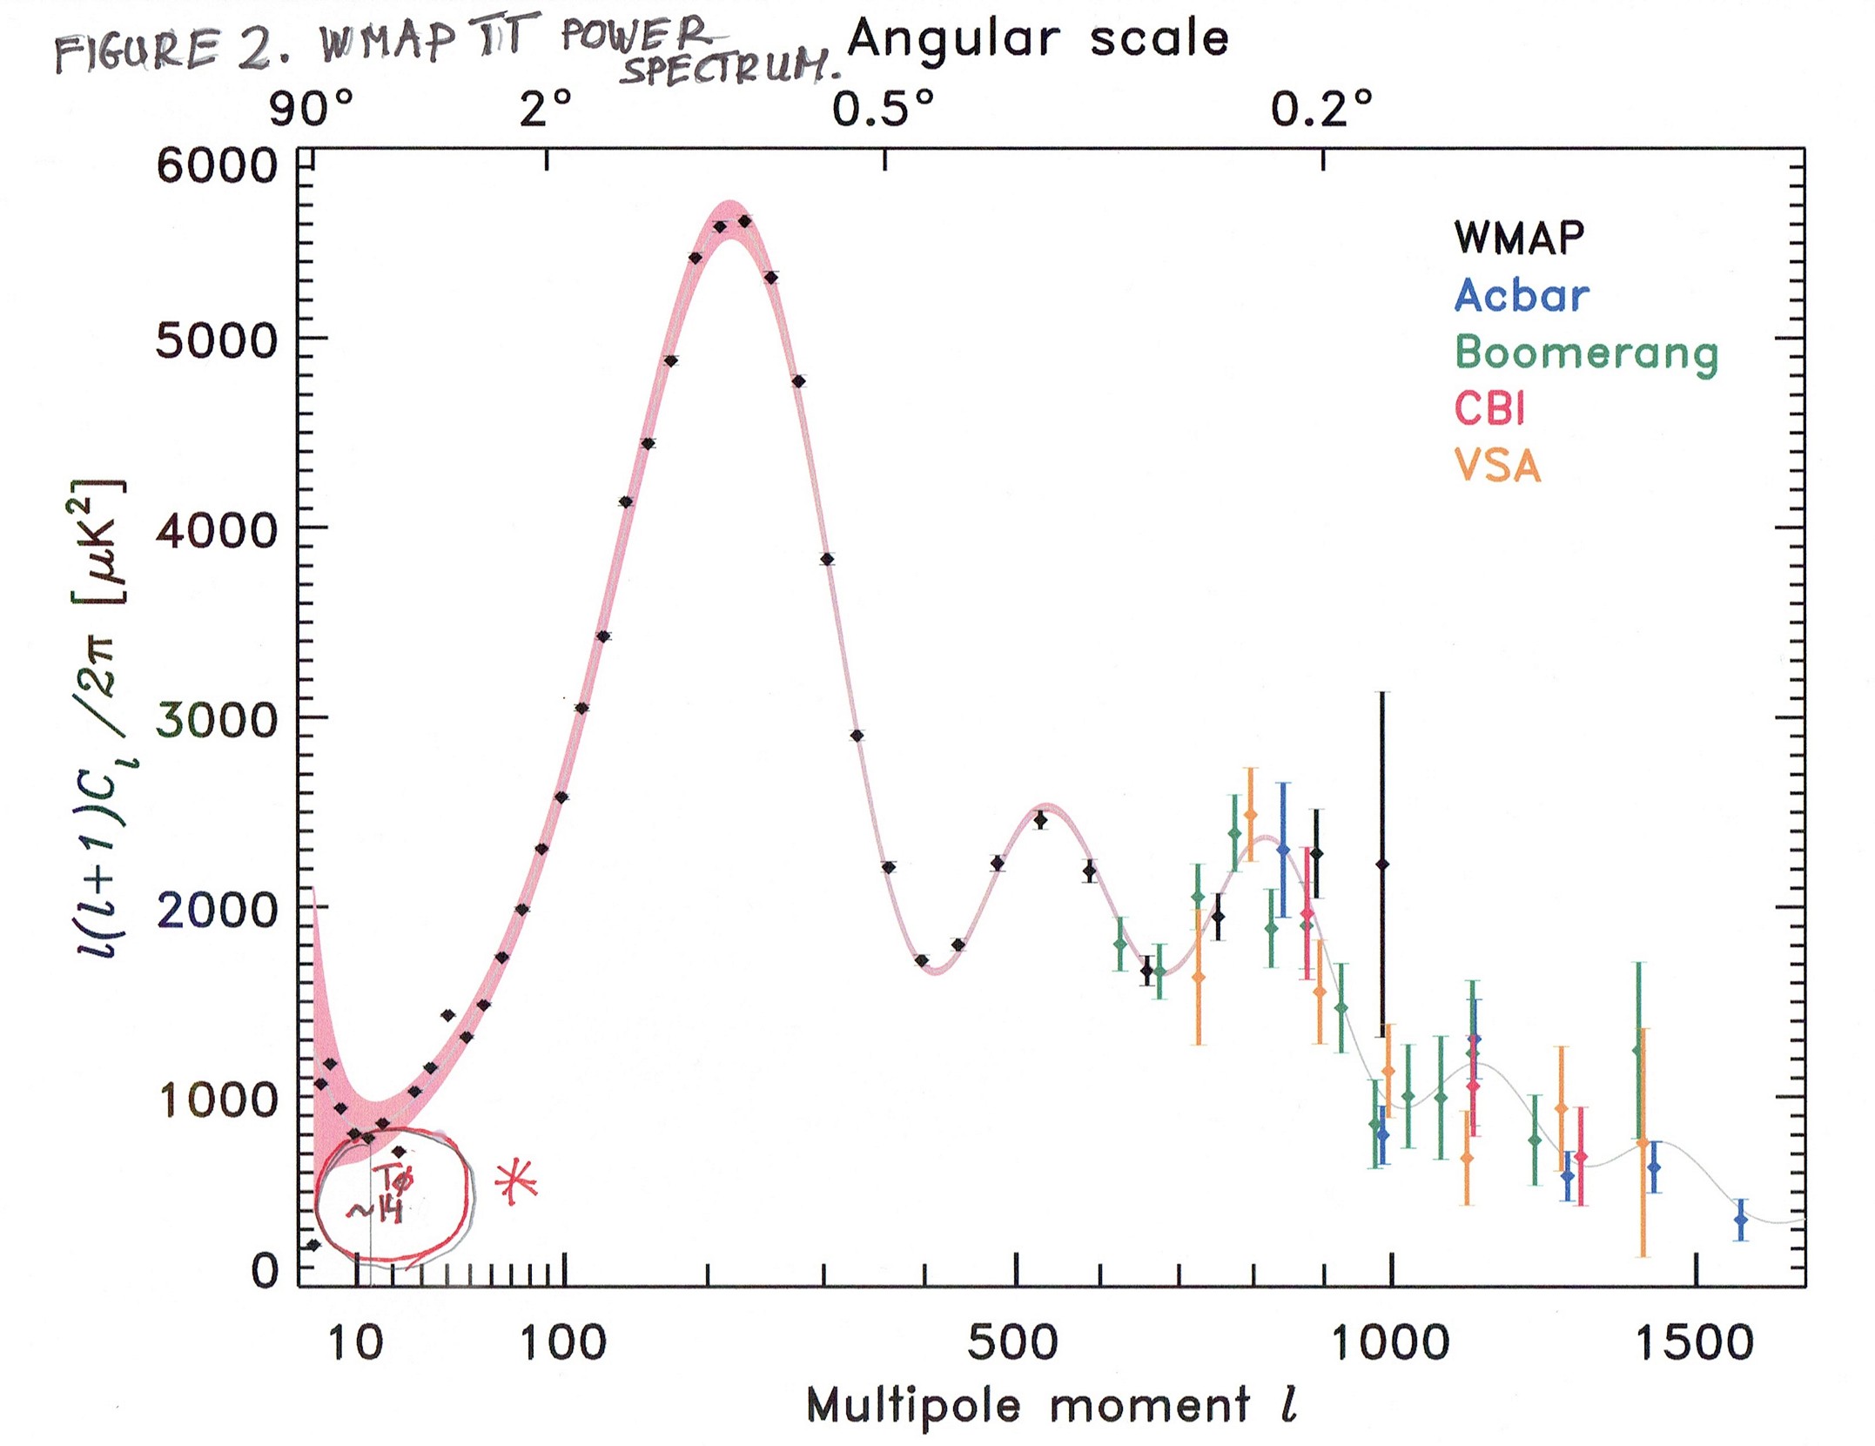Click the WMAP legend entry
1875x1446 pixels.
pos(1519,237)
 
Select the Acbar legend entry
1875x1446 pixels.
pos(1521,295)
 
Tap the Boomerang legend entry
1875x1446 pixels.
pos(1586,353)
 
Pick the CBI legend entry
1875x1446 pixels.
pos(1489,408)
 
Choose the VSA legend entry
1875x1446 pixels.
pos(1496,467)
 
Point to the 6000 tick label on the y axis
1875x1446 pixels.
pos(216,165)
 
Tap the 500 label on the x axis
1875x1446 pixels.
pos(1012,1343)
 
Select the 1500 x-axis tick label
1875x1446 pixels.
pos(1694,1343)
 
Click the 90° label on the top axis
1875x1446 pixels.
pos(311,110)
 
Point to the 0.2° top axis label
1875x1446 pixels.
pos(1321,110)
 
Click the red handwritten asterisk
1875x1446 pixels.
pos(516,1181)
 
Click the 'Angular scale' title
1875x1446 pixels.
pos(1038,39)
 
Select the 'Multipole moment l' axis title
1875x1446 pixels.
pos(1052,1406)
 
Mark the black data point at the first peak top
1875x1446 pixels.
pos(744,221)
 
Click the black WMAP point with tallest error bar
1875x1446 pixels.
pos(1381,864)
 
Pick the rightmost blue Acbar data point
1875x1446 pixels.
pos(1740,1220)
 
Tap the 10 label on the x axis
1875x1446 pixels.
pos(356,1343)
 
